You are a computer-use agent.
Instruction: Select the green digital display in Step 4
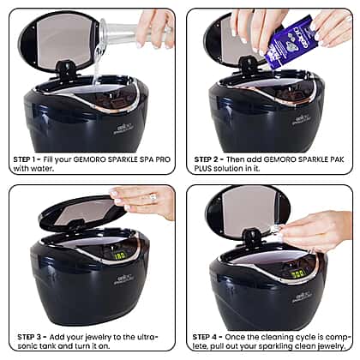(x=298, y=274)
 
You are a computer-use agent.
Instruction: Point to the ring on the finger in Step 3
(x=152, y=197)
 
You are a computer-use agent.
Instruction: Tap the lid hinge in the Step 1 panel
(x=64, y=69)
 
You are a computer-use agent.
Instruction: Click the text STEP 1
(x=26, y=159)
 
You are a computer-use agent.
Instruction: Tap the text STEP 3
(x=30, y=337)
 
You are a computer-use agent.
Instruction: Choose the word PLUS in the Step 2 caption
(x=203, y=169)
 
